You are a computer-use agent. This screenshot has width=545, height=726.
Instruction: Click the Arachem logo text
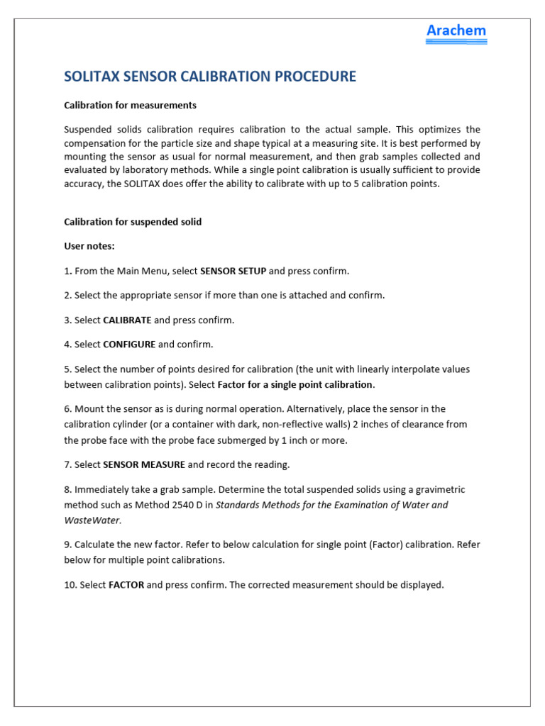point(456,30)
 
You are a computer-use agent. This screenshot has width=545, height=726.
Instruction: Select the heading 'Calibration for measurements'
point(130,105)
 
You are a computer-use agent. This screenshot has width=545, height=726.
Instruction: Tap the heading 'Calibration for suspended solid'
point(133,222)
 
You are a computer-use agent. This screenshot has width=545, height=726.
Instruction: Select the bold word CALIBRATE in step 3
point(127,320)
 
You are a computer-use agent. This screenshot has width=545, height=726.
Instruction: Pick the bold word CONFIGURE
point(129,345)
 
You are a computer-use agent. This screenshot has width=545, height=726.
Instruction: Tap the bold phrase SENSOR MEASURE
point(144,464)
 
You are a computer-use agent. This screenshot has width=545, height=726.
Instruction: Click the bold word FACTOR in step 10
point(126,585)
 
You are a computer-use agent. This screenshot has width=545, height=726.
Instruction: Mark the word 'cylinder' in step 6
point(131,425)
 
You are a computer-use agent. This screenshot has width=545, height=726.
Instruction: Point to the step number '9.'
point(68,544)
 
